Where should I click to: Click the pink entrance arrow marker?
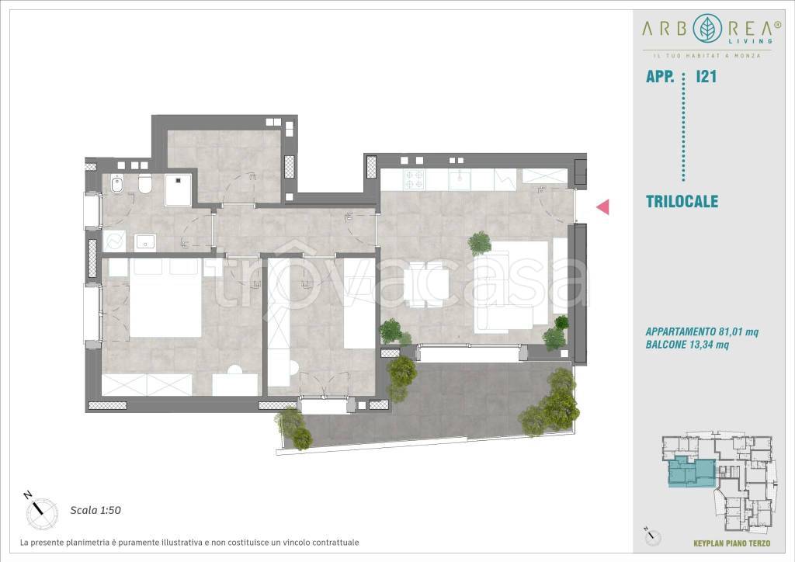[x=602, y=206]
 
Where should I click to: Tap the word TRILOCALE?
[x=682, y=201]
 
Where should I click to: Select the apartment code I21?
[x=706, y=77]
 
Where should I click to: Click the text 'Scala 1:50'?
[x=95, y=510]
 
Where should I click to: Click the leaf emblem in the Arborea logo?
[x=707, y=29]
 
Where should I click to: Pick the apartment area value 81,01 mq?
[x=738, y=332]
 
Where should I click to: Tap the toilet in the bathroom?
[x=145, y=185]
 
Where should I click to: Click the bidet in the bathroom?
[x=118, y=185]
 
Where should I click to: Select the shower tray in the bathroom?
[x=178, y=190]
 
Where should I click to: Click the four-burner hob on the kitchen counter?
[x=414, y=179]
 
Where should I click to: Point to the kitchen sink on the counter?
[x=460, y=179]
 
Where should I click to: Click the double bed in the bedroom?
[x=166, y=297]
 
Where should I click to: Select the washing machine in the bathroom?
[x=115, y=241]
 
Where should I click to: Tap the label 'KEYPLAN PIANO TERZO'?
[x=731, y=543]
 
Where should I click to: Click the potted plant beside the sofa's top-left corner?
[x=480, y=243]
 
